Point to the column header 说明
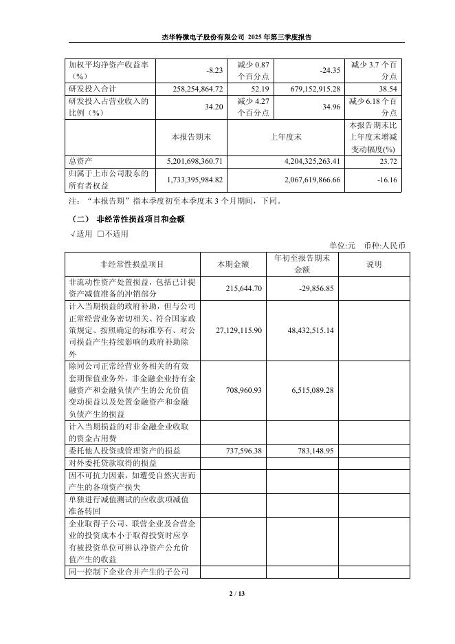click(374, 264)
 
